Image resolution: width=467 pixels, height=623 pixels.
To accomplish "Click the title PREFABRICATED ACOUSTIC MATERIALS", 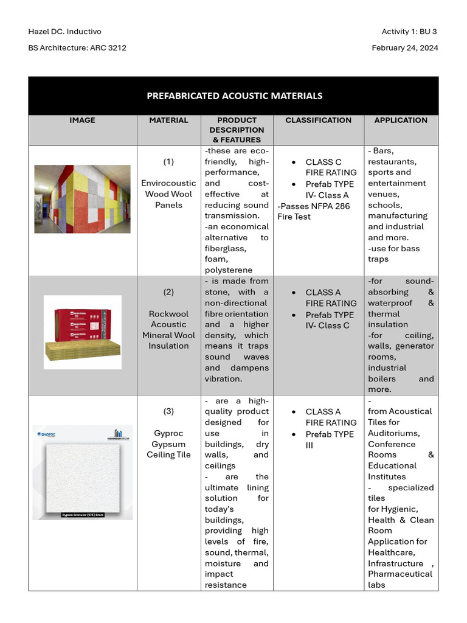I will [234, 96].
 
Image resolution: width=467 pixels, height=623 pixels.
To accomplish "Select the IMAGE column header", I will [82, 120].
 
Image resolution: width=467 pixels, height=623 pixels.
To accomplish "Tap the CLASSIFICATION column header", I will [318, 120].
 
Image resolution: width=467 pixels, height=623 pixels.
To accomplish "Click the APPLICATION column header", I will [401, 120].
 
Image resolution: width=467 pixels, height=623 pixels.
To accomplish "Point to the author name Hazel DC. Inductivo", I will [65, 32].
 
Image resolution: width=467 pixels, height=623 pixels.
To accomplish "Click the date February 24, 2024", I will [404, 48].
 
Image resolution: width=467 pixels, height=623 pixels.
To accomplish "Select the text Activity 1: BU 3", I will [409, 32].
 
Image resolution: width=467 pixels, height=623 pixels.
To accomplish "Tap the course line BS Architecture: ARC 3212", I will [77, 48].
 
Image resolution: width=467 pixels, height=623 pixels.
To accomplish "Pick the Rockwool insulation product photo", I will [82, 332].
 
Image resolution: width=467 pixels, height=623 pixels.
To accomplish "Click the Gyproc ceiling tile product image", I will [82, 472].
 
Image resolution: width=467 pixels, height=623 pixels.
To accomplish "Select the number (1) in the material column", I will [168, 162].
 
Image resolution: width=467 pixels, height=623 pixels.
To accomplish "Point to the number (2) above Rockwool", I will [168, 292].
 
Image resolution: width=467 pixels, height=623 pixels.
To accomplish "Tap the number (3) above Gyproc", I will [168, 411].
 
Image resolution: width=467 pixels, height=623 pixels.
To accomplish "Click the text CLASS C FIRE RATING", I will [331, 167].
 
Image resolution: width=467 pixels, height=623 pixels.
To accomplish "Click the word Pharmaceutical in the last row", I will [400, 574].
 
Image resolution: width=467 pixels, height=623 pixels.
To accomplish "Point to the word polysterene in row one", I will [229, 270].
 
